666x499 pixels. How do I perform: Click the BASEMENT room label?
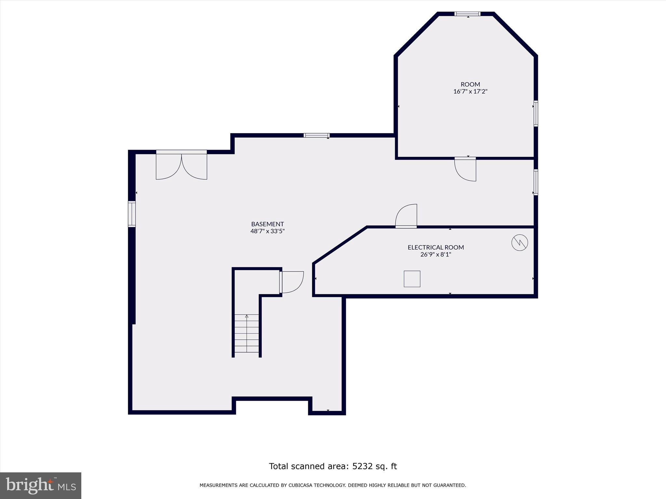coord(267,224)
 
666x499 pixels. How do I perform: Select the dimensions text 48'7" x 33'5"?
coord(267,231)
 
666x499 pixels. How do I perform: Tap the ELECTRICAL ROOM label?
coord(436,247)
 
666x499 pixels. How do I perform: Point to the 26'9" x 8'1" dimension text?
coord(436,254)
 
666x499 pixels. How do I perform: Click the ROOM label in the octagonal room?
coord(470,84)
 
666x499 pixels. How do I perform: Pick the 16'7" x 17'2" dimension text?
coord(470,92)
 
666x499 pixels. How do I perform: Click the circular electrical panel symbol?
coord(520,242)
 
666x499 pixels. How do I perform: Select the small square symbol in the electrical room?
coord(412,279)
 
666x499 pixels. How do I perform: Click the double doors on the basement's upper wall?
coord(181,166)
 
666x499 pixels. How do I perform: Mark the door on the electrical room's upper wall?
coord(406,216)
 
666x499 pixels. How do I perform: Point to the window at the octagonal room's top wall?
coord(467,14)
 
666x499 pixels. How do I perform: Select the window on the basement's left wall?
coord(131,214)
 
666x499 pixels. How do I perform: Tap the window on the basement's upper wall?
coord(316,135)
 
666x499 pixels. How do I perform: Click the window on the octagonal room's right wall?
coord(536,113)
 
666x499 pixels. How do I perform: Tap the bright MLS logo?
coord(41,485)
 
